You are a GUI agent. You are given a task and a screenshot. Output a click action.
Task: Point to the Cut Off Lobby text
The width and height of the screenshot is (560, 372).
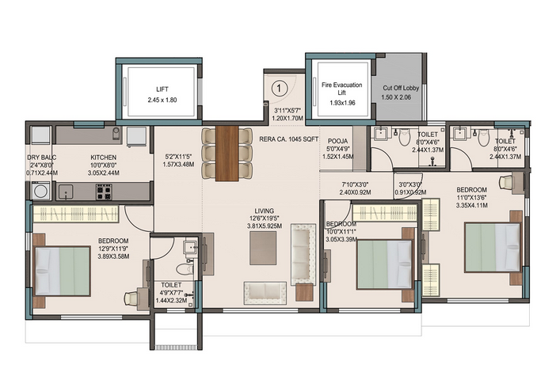tap(401, 88)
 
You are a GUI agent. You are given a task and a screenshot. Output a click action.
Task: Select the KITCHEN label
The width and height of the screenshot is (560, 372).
tap(104, 158)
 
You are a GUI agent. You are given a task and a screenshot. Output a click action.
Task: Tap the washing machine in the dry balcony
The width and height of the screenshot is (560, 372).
tap(40, 191)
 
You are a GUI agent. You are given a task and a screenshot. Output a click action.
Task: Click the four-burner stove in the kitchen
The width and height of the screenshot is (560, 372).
tap(104, 191)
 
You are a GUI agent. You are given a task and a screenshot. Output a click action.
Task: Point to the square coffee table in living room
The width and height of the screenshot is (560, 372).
tap(263, 247)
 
